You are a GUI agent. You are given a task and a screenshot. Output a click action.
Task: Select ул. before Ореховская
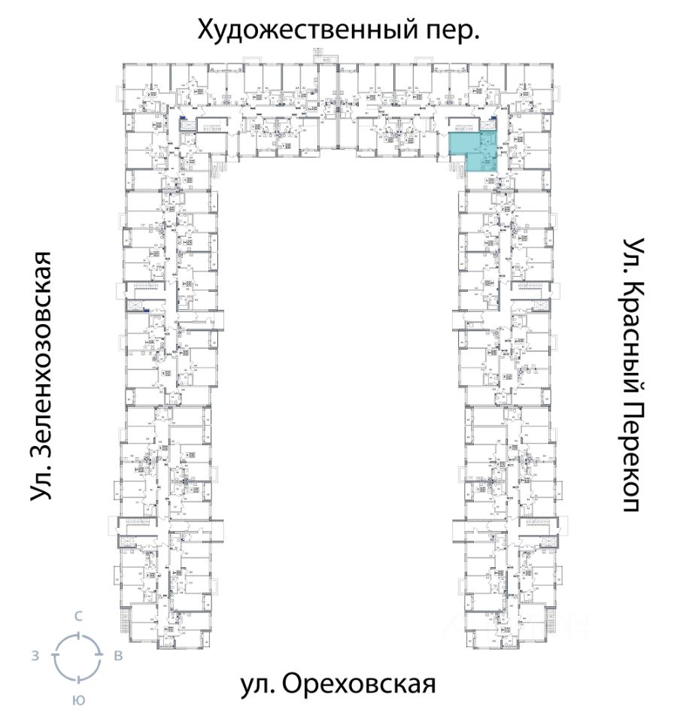(257, 684)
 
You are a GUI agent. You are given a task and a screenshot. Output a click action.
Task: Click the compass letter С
(77, 616)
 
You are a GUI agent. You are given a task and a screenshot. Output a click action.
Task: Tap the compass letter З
(35, 656)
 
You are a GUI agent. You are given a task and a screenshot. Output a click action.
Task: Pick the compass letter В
(118, 656)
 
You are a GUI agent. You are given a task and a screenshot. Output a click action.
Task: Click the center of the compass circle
(77, 657)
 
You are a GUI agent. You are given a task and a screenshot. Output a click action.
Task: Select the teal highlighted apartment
(474, 153)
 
